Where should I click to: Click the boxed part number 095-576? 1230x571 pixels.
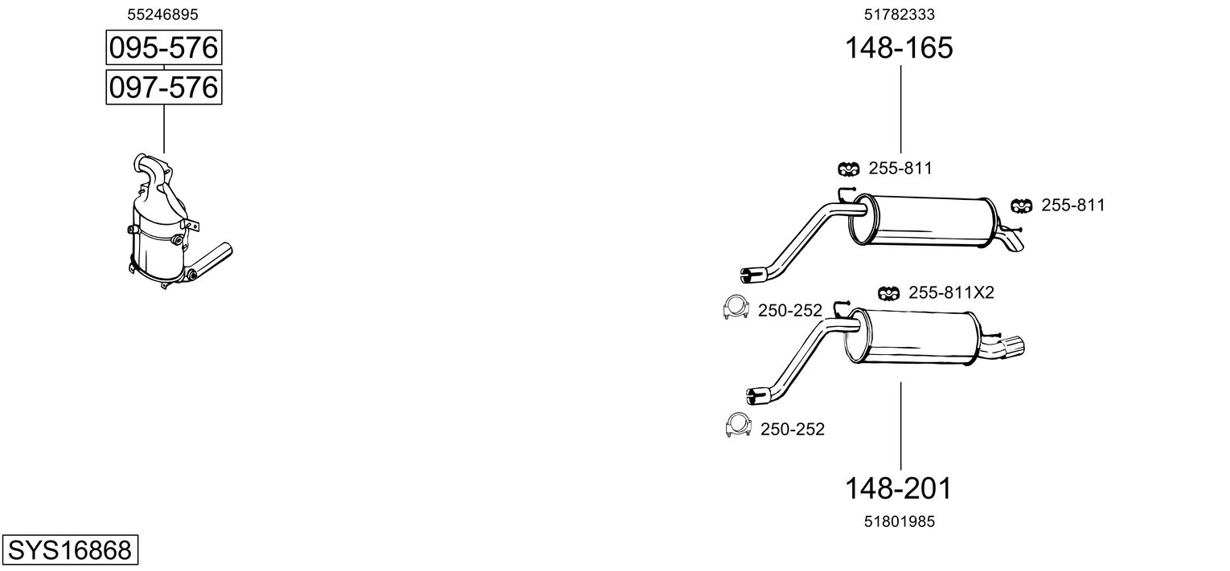164,47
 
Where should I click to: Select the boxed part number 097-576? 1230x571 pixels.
164,88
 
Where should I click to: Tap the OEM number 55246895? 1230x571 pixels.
162,14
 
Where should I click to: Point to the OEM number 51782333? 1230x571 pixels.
900,14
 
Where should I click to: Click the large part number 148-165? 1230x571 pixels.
899,47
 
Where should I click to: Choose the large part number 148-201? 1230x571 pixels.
898,488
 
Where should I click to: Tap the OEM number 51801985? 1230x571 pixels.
900,521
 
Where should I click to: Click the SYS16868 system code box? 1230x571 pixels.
70,549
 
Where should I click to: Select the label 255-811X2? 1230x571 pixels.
951,293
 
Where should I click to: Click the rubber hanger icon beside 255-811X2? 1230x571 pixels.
888,293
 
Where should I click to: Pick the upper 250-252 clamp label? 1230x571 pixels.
789,311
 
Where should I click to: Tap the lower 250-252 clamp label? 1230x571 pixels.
793,429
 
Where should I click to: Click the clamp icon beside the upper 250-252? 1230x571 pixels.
736,307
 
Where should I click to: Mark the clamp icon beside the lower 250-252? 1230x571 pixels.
738,425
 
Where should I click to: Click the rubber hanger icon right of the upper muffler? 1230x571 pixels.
1021,206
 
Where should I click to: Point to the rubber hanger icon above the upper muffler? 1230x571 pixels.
848,169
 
